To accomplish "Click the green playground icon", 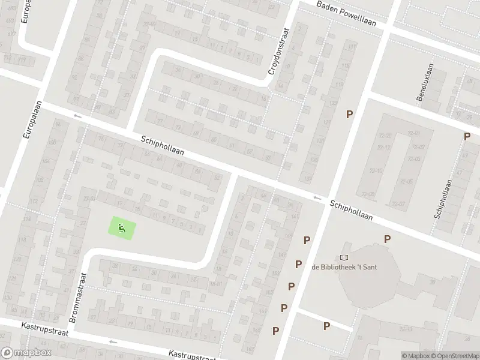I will tap(122, 228).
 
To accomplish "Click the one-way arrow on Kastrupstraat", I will tap(112, 341).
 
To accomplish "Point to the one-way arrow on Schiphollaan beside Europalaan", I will tap(77, 115).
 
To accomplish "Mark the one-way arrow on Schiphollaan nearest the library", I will tap(317, 197).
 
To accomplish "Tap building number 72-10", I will tap(376, 171).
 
